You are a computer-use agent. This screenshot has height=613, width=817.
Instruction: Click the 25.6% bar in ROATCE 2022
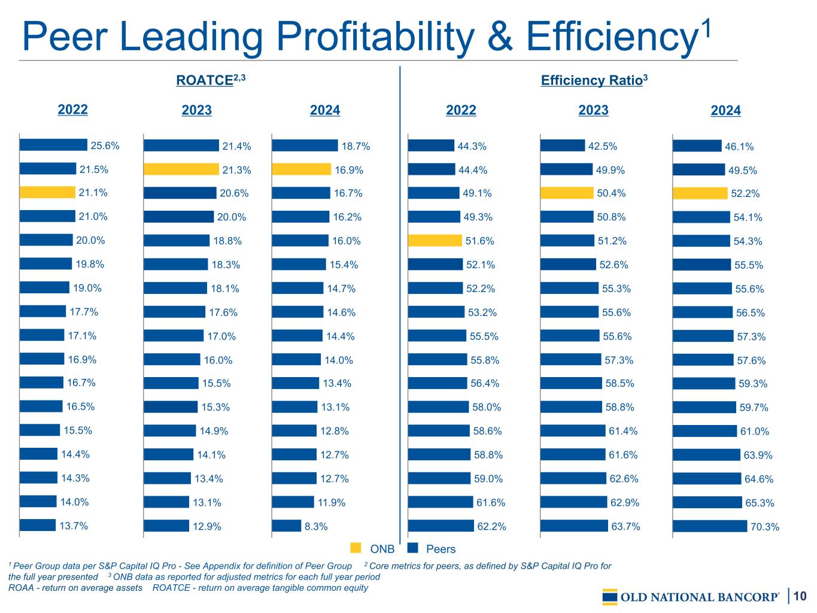pos(53,145)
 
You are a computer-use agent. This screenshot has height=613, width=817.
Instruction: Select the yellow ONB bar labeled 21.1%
pos(47,192)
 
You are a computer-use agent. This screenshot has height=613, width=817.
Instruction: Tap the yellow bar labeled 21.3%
pos(181,169)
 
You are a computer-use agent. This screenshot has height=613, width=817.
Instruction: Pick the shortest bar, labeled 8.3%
pos(286,526)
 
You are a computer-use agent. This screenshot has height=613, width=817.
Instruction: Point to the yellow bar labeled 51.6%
pos(435,241)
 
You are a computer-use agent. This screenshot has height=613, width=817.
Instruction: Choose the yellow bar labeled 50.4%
pos(567,193)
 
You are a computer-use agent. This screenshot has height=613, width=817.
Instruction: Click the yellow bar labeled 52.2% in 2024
pos(700,193)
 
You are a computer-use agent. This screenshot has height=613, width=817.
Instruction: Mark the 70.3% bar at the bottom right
pos(710,526)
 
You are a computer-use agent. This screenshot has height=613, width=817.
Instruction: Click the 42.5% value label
pos(603,146)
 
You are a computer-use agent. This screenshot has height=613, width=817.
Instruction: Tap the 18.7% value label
pos(356,146)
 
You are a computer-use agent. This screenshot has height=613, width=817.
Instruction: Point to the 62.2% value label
pos(491,527)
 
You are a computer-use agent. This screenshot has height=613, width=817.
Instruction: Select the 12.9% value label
pos(207,527)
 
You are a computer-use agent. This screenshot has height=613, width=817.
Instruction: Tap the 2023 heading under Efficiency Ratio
pos(593,110)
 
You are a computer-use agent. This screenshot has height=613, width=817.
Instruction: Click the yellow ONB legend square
pos(356,548)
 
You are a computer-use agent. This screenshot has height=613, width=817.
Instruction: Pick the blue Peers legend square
pos(412,548)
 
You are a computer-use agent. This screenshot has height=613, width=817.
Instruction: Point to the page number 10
pos(800,596)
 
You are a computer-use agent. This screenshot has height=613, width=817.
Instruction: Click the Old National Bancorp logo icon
pos(610,597)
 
